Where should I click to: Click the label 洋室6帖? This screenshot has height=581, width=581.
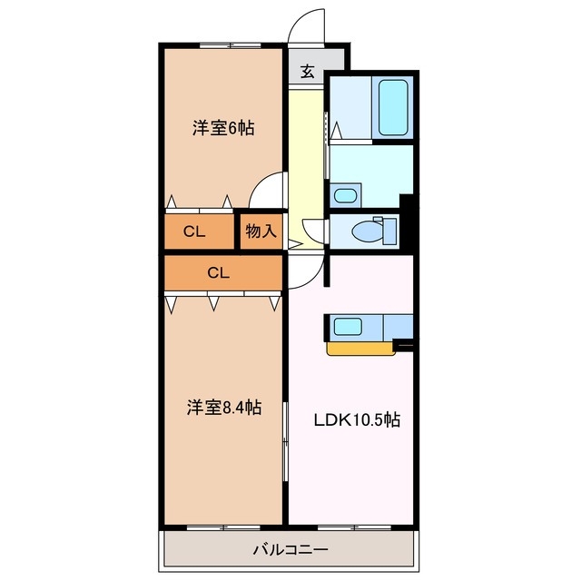click(x=222, y=128)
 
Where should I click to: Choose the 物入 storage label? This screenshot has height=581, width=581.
click(x=261, y=231)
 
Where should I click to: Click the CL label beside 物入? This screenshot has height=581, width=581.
click(x=194, y=231)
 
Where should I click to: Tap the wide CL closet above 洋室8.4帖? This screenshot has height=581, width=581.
click(x=217, y=271)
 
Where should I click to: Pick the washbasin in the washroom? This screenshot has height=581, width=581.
click(x=344, y=194)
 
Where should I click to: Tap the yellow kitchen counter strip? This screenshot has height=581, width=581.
click(x=361, y=348)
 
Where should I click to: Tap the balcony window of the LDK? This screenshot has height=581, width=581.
click(x=352, y=527)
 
